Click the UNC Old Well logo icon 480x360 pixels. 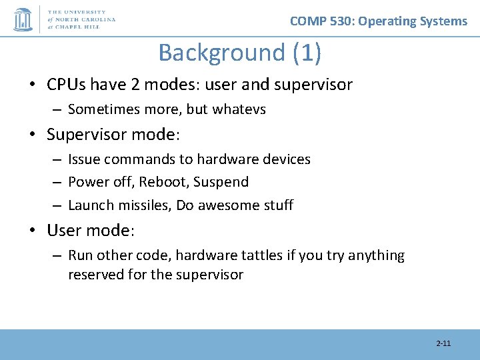coord(23,19)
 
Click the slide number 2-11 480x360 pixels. coord(443,343)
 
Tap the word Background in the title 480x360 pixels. coord(221,53)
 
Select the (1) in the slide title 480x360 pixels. coord(307,53)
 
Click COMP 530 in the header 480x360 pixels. coord(321,21)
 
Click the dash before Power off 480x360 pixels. coord(57,183)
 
